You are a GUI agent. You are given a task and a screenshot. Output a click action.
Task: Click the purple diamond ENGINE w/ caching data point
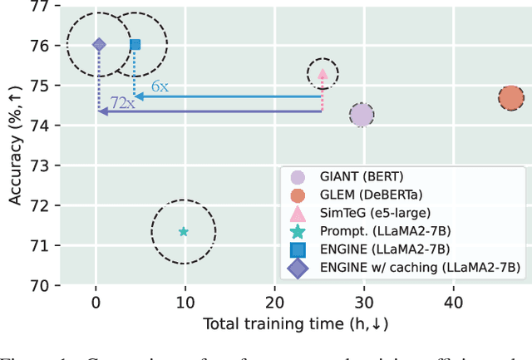[98, 45]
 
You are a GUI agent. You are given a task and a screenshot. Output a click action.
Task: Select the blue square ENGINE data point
[135, 44]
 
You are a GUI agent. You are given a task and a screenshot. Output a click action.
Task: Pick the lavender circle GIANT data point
[362, 116]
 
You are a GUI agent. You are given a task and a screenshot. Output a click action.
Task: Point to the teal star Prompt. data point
[183, 232]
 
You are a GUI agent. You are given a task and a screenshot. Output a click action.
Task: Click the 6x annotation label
[160, 86]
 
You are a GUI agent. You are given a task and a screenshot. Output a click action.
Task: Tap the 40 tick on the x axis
[453, 304]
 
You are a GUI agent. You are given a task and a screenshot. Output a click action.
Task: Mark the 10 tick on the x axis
[185, 304]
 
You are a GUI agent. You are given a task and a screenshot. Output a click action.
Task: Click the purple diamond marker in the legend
[298, 267]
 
